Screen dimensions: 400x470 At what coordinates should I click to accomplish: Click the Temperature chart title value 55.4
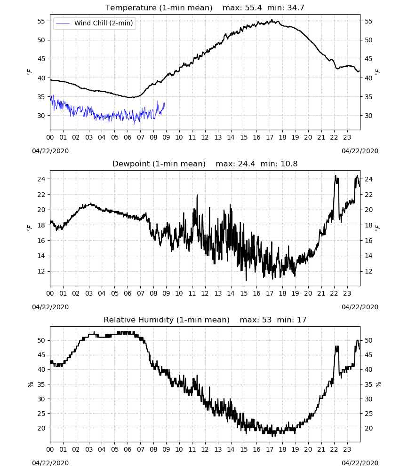pos(253,8)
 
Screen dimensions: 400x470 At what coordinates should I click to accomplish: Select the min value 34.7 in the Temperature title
pos(296,8)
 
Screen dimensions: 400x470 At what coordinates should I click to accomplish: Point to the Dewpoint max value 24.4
pos(247,164)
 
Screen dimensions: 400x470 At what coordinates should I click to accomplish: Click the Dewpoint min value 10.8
pos(289,164)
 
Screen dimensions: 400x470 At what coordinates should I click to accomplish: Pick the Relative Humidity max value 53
pos(267,320)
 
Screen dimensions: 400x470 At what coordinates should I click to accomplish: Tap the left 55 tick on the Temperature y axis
pos(41,21)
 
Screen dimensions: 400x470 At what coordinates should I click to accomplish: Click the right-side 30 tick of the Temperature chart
pos(368,116)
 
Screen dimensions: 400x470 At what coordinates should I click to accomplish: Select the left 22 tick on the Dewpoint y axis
pos(41,195)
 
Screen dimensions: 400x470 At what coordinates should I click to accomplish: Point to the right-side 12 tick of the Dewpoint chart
pos(368,271)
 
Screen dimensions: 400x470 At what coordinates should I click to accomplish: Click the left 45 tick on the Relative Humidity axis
pos(41,355)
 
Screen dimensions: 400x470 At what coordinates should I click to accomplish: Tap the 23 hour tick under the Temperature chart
pos(347,137)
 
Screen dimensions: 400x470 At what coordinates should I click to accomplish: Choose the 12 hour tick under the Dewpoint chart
pos(205,293)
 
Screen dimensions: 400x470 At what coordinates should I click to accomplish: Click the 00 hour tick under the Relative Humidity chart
pos(50,449)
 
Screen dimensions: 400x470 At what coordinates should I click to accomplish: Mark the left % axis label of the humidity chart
pos(30,384)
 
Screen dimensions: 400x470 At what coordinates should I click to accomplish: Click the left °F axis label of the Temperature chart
pos(29,72)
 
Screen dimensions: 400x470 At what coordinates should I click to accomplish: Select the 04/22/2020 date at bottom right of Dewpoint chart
pos(360,307)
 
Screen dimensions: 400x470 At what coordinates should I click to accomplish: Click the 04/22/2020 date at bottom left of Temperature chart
pos(50,151)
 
